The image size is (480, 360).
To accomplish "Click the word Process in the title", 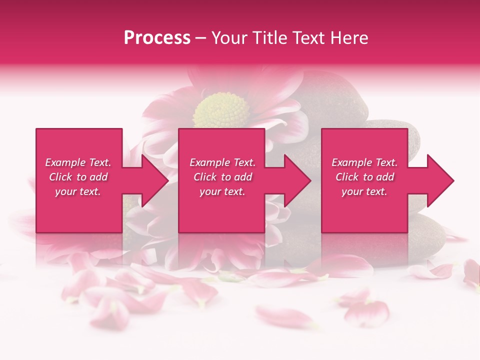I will coord(157,38).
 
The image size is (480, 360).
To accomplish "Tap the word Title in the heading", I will coord(269,38).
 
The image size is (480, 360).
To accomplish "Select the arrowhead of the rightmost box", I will coord(438,180).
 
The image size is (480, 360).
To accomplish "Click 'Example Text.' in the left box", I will coord(78,162).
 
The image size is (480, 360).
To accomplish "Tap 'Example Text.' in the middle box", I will coord(222,162).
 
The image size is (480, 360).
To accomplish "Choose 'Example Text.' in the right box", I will coord(364,162).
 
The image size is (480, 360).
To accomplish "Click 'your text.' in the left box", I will coord(78,191).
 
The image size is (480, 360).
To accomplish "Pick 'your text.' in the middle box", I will coord(222,191).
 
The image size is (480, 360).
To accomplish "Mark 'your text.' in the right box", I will coord(364,191).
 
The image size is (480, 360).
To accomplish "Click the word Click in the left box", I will coord(60,177).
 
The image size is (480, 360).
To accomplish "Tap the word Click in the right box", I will coord(347,177).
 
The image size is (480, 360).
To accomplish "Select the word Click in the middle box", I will coord(205,177).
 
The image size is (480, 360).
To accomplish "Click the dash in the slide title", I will coord(200,38).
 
